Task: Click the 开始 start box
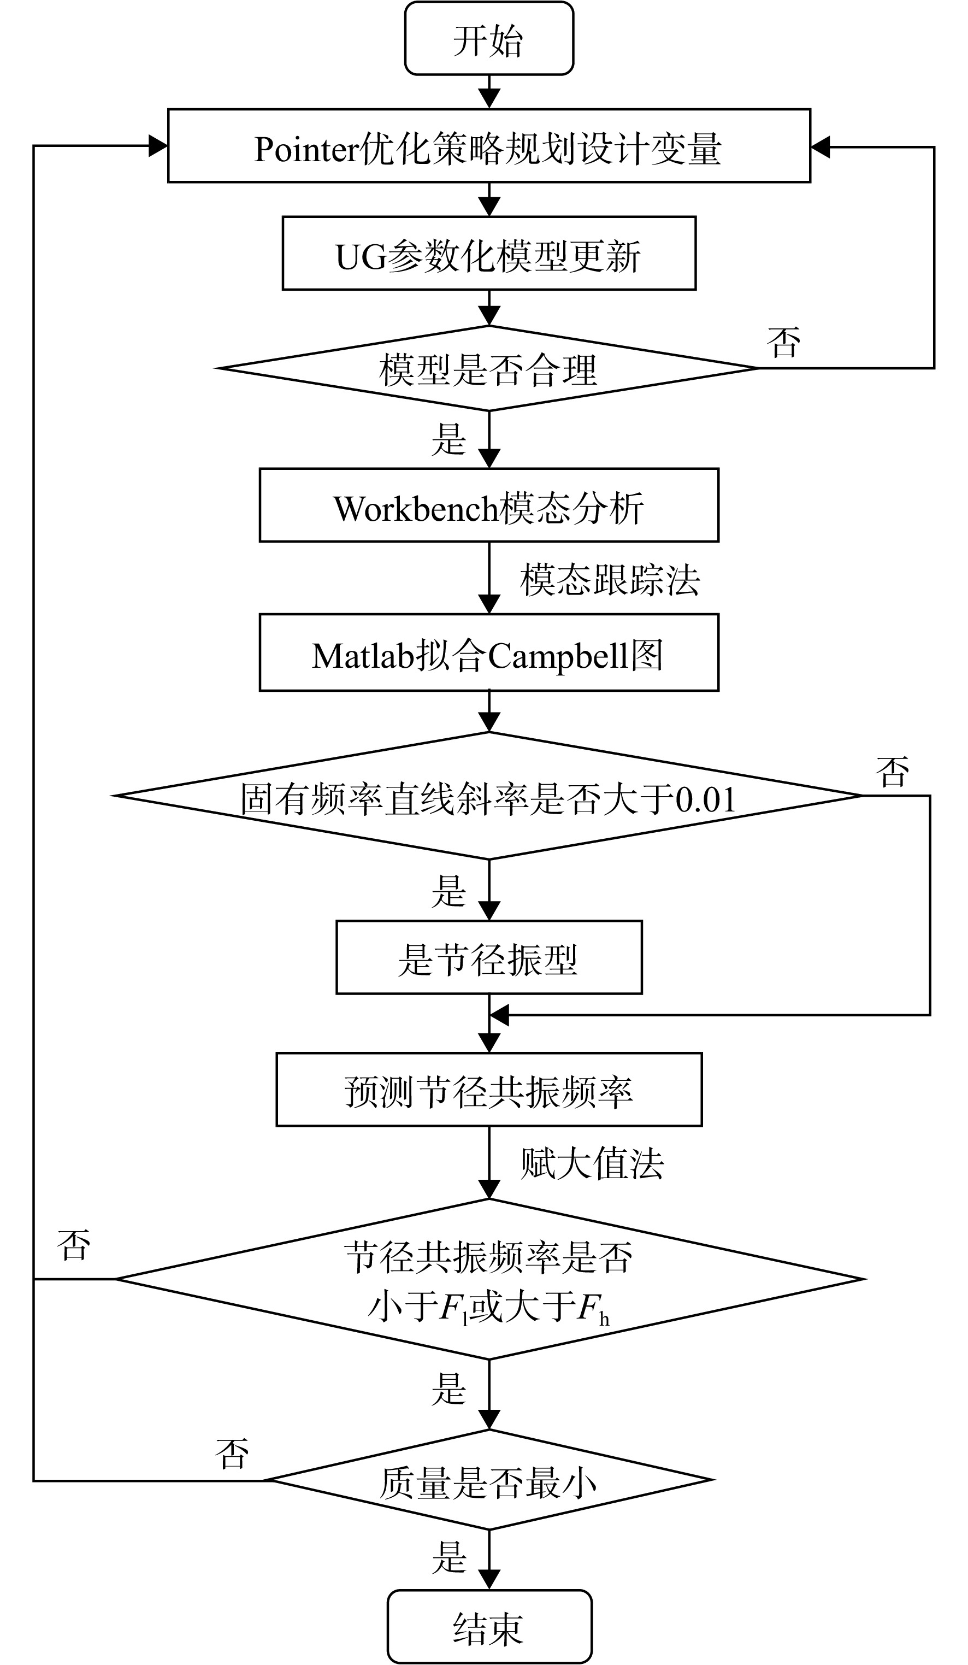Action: (488, 38)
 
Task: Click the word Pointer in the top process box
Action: (306, 149)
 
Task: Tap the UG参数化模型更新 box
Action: (488, 253)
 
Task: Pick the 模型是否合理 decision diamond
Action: (488, 368)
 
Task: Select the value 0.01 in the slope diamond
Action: (706, 799)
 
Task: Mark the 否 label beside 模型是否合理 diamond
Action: (784, 342)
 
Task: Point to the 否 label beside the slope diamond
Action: (892, 771)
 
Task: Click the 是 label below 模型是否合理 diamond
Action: (449, 439)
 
